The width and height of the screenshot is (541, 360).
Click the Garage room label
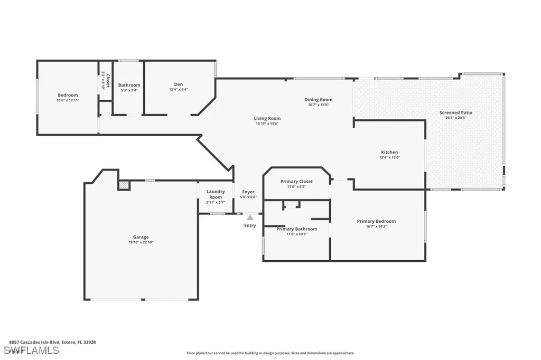click(141, 237)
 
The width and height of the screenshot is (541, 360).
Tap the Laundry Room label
click(216, 192)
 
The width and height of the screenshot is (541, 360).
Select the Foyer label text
click(248, 192)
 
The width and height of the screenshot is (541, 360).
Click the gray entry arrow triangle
click(250, 217)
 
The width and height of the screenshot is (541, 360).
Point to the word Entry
click(250, 225)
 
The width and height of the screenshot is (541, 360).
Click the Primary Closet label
click(296, 181)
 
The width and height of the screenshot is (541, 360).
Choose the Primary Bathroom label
click(296, 229)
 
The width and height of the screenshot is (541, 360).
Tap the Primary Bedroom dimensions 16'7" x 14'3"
click(376, 226)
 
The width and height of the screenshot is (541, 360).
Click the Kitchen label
click(389, 152)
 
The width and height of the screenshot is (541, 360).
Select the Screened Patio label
click(455, 112)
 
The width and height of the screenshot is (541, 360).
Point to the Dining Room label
click(318, 99)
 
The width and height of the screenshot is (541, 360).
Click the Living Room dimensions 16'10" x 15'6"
click(267, 124)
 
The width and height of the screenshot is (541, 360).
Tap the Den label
click(179, 84)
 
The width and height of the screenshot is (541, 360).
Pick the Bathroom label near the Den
click(129, 85)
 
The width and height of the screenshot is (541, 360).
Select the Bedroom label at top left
click(68, 95)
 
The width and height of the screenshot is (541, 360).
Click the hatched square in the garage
click(124, 185)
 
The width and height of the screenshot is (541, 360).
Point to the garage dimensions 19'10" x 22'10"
click(141, 242)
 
